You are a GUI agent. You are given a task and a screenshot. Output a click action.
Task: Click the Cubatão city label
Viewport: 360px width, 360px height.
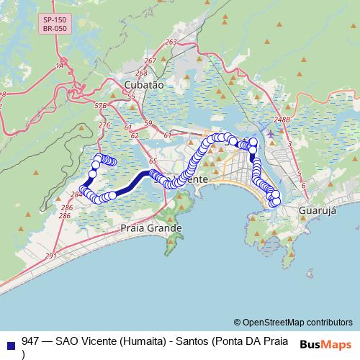pos(144,84)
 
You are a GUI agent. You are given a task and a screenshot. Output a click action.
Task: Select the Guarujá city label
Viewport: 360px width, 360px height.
pos(318,212)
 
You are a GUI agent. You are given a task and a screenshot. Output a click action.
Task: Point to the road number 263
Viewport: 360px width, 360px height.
pos(171,42)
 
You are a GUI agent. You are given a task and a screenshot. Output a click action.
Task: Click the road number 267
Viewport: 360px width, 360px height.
pos(150,62)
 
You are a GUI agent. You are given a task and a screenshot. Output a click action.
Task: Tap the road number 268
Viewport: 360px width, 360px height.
pos(141,73)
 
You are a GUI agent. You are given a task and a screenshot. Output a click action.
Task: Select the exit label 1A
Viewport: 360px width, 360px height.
pos(60,66)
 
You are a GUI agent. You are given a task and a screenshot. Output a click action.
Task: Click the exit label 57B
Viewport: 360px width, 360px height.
pos(100,106)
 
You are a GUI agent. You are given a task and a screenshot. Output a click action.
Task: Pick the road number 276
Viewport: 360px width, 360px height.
pos(104,125)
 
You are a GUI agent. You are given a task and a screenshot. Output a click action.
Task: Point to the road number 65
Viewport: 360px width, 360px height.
pos(152,162)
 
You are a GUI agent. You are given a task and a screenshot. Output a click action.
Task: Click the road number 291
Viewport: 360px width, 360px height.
pos(50,256)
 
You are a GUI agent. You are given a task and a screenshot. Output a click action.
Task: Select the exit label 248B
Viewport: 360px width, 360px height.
pos(281,120)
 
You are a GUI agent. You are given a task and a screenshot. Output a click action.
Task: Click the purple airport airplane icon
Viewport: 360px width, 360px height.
pos(270,133)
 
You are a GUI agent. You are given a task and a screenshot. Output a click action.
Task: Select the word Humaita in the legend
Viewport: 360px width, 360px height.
pos(140,341)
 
